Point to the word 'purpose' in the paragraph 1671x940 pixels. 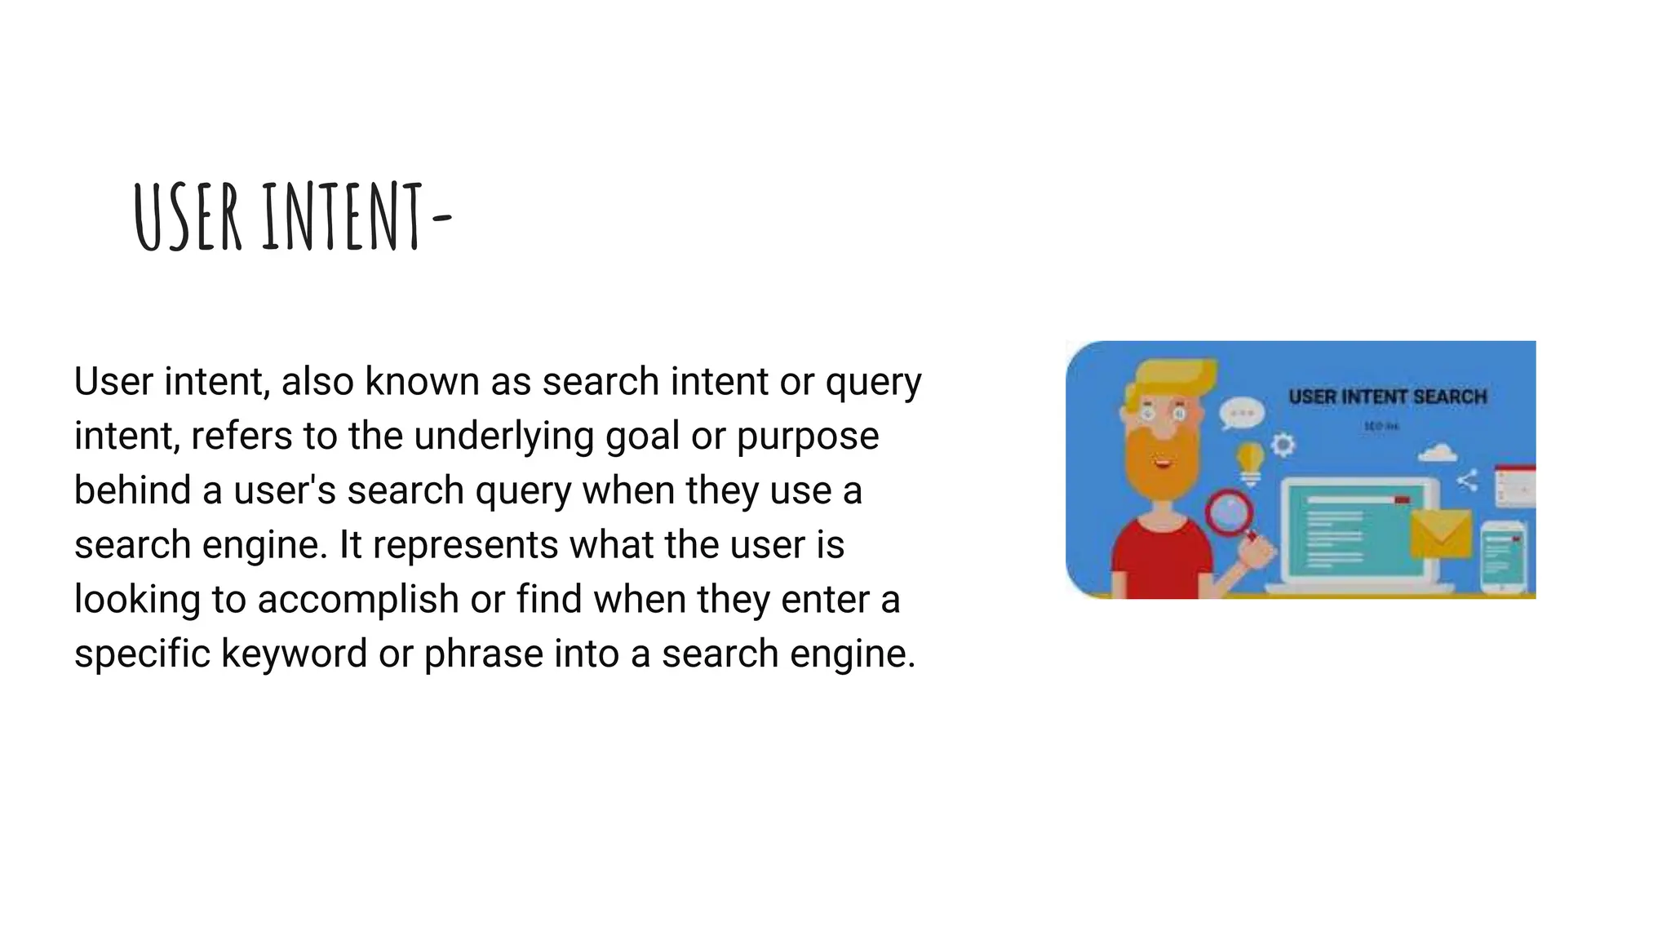tap(808, 436)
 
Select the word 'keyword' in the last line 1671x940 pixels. tap(295, 654)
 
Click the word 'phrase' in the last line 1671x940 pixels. tap(483, 654)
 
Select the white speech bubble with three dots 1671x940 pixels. tap(1241, 413)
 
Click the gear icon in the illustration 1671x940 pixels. tap(1283, 444)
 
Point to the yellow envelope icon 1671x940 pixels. tap(1441, 534)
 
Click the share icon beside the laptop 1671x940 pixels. tap(1467, 481)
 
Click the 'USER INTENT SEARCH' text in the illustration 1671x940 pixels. tap(1387, 397)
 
